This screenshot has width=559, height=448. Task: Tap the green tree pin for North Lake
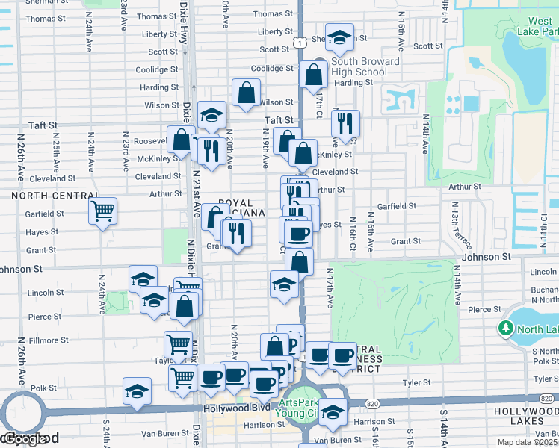pyautogui.click(x=506, y=329)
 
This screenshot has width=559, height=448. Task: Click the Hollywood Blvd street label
pyautogui.click(x=235, y=409)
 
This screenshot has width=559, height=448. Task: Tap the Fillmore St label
pyautogui.click(x=49, y=340)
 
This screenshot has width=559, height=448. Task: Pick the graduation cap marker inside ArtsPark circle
pyautogui.click(x=333, y=411)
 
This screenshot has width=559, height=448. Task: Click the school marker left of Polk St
pyautogui.click(x=137, y=392)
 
